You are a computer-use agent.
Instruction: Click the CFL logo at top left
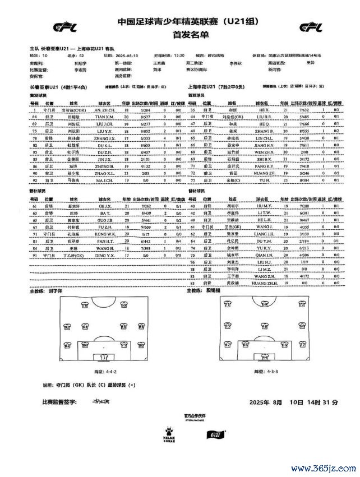pos(64,26)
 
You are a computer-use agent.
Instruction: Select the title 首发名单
pos(180,34)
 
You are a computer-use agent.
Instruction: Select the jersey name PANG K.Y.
pos(265,167)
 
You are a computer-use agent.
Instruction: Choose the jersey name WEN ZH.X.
pos(265,152)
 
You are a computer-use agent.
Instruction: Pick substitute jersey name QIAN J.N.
pos(265,254)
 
